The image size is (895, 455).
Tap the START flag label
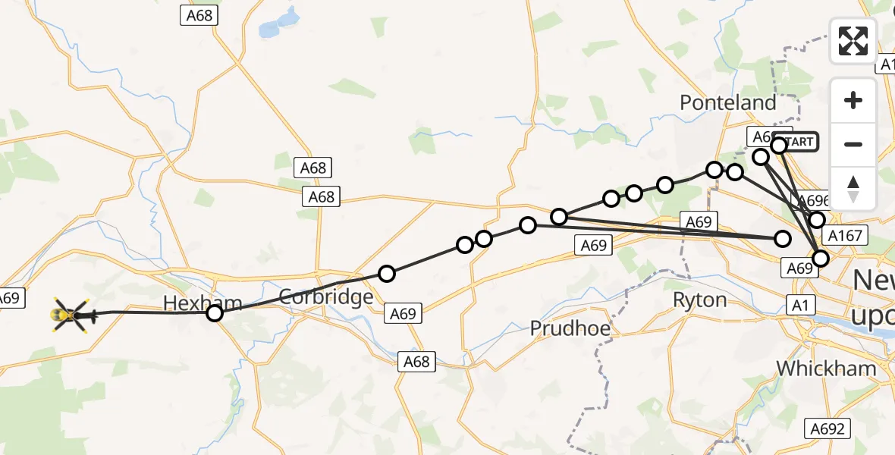tap(797, 142)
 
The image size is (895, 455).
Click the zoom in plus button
tap(853, 100)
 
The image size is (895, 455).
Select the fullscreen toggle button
tap(853, 41)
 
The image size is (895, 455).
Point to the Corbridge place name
tap(325, 297)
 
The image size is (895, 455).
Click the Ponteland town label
tap(728, 102)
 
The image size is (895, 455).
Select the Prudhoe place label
tap(570, 328)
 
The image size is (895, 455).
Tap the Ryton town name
tap(699, 300)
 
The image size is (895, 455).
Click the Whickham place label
tap(826, 369)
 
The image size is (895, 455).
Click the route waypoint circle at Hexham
tap(215, 312)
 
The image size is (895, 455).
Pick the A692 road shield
tap(826, 428)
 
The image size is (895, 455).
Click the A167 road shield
tap(845, 235)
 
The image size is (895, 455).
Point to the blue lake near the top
tap(270, 27)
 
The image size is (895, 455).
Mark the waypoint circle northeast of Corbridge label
tap(387, 274)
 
